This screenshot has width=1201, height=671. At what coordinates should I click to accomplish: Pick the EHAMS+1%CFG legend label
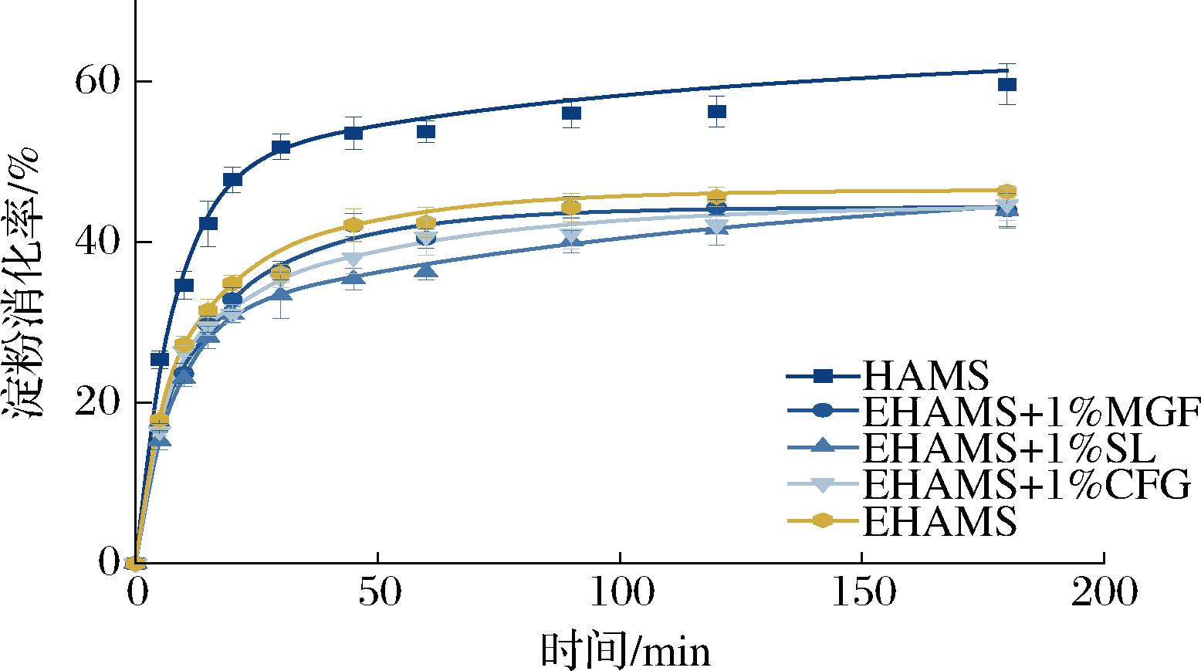click(x=1025, y=486)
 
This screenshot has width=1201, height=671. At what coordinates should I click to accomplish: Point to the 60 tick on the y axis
click(x=100, y=82)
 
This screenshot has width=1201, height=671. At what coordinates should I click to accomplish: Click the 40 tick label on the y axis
click(x=100, y=242)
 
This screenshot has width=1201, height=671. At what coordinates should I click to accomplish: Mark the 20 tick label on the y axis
click(x=100, y=403)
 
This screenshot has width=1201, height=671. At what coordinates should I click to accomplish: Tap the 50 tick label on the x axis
click(x=377, y=594)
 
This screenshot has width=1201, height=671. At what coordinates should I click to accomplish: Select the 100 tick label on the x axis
click(x=620, y=594)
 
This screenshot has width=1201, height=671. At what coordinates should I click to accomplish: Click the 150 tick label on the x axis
click(x=861, y=594)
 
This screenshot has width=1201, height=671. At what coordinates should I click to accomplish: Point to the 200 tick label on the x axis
click(x=1104, y=594)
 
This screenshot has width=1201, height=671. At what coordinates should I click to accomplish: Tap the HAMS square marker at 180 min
click(x=1006, y=85)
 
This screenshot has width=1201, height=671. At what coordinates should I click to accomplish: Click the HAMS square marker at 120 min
click(x=716, y=112)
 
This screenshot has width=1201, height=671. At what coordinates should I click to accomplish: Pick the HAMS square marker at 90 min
click(x=571, y=114)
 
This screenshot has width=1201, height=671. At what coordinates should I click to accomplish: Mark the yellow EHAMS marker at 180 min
click(x=1006, y=191)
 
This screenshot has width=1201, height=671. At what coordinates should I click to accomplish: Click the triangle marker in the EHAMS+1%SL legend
click(x=823, y=448)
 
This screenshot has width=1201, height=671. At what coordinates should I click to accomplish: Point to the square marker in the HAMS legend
click(x=823, y=376)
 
